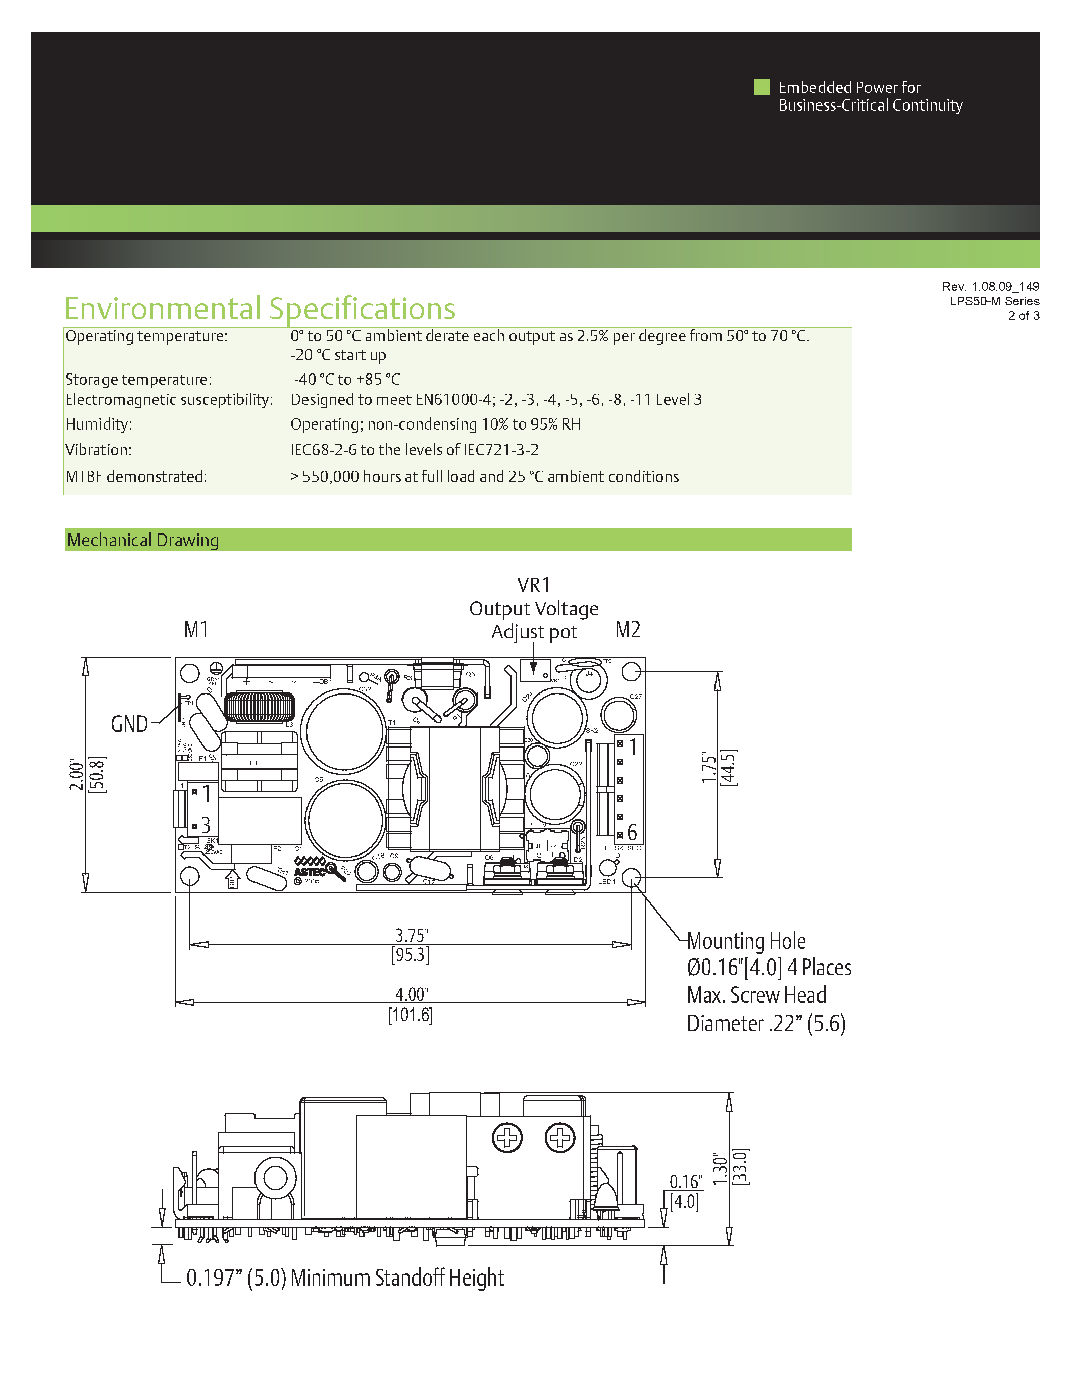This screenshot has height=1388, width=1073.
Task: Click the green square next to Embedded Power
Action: point(761,87)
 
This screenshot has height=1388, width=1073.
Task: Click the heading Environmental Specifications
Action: point(260,309)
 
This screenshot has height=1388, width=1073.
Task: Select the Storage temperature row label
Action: point(138,380)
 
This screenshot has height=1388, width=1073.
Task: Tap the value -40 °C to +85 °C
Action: point(347,380)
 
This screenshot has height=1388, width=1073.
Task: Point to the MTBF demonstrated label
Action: point(136,476)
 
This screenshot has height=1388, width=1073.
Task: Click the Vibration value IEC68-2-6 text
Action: point(415,450)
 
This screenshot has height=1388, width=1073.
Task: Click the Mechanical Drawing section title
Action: point(142,540)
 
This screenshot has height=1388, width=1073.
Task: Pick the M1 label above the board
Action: point(196,630)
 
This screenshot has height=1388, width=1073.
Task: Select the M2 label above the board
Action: point(628,630)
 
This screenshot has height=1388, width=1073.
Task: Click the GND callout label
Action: point(129,724)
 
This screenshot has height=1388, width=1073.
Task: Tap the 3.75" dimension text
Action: point(411,935)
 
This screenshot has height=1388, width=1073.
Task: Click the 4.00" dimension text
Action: point(411,994)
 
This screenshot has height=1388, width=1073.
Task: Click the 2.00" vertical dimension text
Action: point(76,774)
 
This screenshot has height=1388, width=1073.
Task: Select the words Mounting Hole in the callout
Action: point(746,941)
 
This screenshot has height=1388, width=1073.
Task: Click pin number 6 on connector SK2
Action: point(632,832)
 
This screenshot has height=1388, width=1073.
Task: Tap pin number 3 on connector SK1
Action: point(206,826)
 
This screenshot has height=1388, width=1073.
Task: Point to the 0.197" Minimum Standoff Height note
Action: point(345,1277)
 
